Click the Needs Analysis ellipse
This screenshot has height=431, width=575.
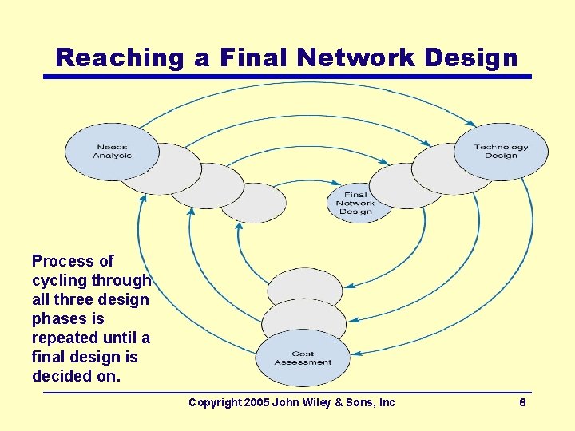click(112, 151)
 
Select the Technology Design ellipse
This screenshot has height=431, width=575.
click(501, 151)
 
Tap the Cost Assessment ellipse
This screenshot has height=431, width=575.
click(303, 358)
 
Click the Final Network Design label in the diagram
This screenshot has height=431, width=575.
click(355, 203)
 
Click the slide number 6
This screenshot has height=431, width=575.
click(522, 402)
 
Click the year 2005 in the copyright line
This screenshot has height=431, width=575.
click(255, 402)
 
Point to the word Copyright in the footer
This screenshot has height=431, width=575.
click(213, 402)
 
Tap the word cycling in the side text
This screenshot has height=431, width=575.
click(59, 280)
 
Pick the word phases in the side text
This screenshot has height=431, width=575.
click(58, 318)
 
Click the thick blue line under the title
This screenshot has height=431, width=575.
click(287, 77)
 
